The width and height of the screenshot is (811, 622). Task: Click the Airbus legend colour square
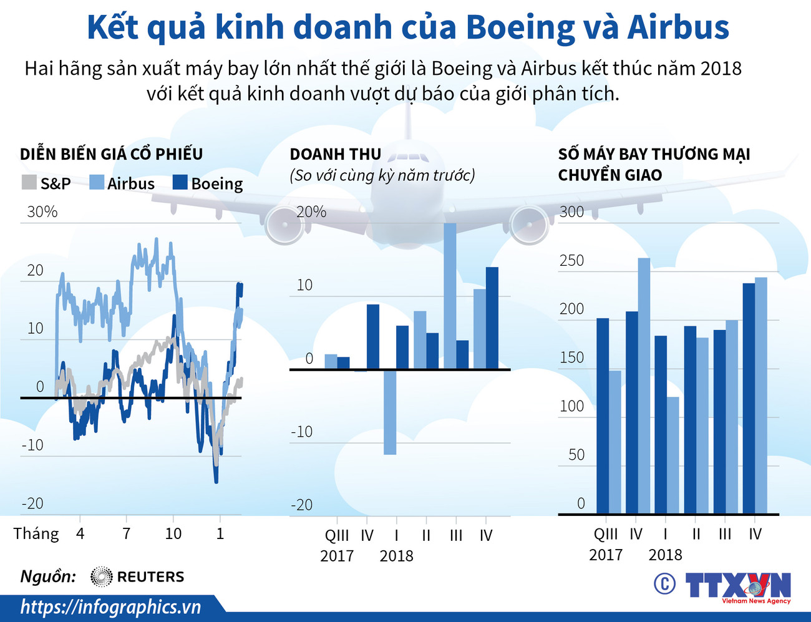point(97,182)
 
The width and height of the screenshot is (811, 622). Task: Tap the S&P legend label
point(56,183)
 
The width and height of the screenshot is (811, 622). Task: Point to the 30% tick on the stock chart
point(42,212)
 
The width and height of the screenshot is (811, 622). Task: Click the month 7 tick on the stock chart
point(127,533)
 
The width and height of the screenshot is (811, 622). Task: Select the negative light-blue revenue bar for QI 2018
point(390,412)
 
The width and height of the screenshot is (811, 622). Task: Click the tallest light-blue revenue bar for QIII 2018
point(450,296)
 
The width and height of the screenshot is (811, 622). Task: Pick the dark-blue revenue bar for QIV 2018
point(492,318)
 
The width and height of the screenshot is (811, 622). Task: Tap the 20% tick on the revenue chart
point(311,212)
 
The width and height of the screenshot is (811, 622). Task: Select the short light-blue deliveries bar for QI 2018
point(673,455)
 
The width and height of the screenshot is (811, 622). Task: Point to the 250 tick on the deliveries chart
point(571,260)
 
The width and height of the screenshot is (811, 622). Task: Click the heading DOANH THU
point(335,154)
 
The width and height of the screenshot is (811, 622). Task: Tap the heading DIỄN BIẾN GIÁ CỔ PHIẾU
point(111,154)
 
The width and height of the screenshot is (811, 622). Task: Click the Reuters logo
point(137,576)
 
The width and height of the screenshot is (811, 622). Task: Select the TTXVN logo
point(737,586)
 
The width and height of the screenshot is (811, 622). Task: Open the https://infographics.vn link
point(110,606)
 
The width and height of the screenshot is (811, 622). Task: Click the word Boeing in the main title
point(520,28)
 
